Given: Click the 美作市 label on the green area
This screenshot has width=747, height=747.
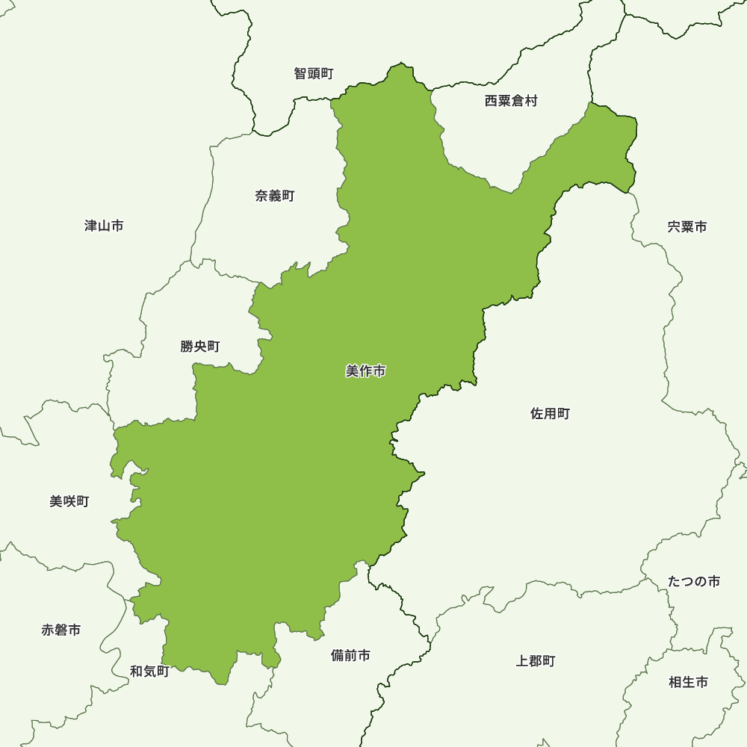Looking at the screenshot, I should pyautogui.click(x=365, y=371).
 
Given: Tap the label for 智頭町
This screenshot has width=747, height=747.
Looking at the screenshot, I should pyautogui.click(x=314, y=73).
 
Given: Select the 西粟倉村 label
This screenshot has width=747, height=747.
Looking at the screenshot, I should pyautogui.click(x=511, y=101).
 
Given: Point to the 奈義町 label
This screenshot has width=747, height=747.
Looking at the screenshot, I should pyautogui.click(x=275, y=196).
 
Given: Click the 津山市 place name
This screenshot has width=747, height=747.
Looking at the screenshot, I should pyautogui.click(x=104, y=225).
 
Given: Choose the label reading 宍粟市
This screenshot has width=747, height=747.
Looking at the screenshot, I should pyautogui.click(x=687, y=226).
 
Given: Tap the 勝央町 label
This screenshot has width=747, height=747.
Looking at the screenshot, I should pyautogui.click(x=200, y=346).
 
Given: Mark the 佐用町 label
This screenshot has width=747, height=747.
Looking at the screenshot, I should pyautogui.click(x=550, y=413).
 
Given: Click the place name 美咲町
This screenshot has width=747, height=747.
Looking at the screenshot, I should pyautogui.click(x=69, y=501).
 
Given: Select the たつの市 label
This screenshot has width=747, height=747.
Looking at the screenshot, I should pyautogui.click(x=694, y=581).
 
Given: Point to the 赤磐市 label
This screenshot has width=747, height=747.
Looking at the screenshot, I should pyautogui.click(x=61, y=630).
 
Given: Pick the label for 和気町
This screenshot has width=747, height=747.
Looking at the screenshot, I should pyautogui.click(x=149, y=671).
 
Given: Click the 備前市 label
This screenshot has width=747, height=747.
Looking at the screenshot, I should pyautogui.click(x=350, y=655).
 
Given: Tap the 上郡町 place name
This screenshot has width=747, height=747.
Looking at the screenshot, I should pyautogui.click(x=536, y=660).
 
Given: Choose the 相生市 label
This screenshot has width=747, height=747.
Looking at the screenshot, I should pyautogui.click(x=689, y=681).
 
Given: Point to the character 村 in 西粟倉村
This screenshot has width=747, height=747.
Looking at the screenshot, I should pyautogui.click(x=531, y=101).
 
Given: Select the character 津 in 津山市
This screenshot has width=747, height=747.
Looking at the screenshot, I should pyautogui.click(x=90, y=225).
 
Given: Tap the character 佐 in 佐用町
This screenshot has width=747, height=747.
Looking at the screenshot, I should pyautogui.click(x=537, y=413).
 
